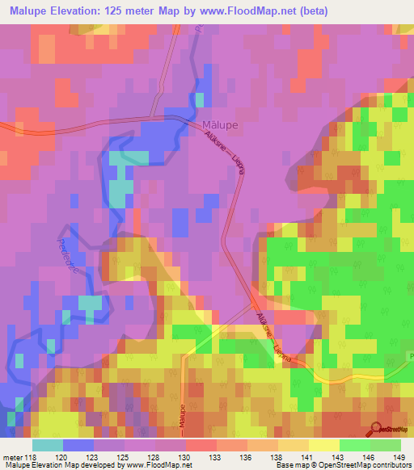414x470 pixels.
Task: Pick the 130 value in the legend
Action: point(185,456)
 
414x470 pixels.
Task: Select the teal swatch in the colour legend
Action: point(48,445)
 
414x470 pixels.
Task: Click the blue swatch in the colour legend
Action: point(78,445)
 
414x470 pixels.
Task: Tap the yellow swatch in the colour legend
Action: point(323,445)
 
